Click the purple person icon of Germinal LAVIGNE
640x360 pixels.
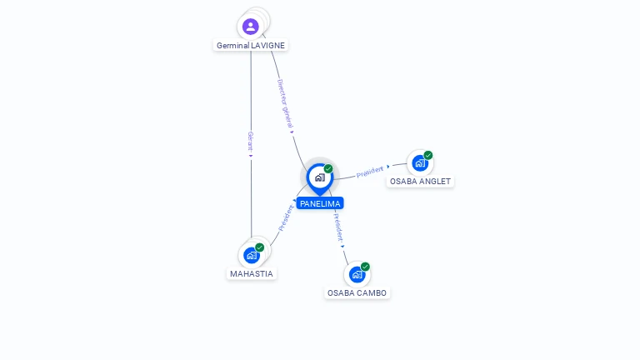[x=251, y=27]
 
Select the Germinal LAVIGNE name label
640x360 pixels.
[x=252, y=46]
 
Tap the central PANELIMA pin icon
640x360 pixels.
[x=319, y=177]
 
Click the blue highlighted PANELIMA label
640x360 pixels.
[x=320, y=203]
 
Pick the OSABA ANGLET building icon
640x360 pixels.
[x=419, y=163]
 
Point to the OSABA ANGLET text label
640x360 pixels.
[x=421, y=181]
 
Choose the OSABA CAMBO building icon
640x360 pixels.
[x=357, y=274]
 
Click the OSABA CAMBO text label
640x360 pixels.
[x=357, y=293]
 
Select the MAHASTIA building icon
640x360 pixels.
[x=251, y=255]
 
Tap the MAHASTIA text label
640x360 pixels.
[x=252, y=274]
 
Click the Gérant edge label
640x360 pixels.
[x=251, y=139]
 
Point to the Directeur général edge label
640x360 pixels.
[x=285, y=103]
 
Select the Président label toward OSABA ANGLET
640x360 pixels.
[x=370, y=172]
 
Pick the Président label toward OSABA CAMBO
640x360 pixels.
[x=337, y=227]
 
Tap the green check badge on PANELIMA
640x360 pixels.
[x=328, y=169]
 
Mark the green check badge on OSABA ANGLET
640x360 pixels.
[x=428, y=155]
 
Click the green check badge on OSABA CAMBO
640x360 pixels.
[x=365, y=267]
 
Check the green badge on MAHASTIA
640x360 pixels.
[x=260, y=247]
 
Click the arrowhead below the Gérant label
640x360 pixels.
[x=251, y=155]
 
